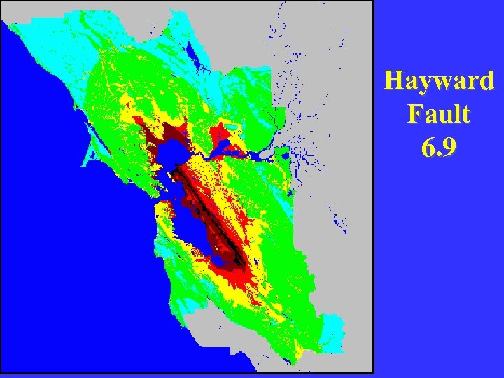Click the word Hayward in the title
439,82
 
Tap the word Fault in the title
439,113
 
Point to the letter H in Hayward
393,82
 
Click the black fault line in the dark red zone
210,210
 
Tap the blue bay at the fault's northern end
171,150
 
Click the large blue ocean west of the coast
56,245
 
